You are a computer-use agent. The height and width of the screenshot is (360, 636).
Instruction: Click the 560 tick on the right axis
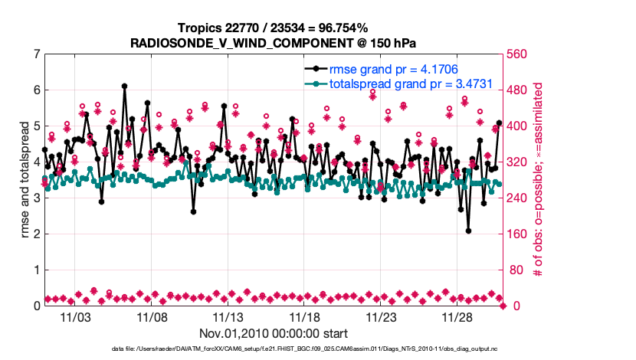tap(520, 54)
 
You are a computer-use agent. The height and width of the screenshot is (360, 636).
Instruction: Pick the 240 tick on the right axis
tap(520, 198)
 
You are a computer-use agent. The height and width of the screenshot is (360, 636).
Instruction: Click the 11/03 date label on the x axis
tap(75, 317)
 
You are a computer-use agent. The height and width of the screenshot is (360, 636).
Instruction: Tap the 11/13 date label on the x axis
tap(228, 317)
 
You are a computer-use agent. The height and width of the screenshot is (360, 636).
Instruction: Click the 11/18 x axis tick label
tap(304, 317)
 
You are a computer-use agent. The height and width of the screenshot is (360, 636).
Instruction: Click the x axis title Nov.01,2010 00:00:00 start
tap(274, 334)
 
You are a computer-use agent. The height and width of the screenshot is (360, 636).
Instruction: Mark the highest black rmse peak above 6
tap(124, 86)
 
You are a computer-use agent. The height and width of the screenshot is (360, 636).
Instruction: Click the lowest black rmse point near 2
tap(468, 231)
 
